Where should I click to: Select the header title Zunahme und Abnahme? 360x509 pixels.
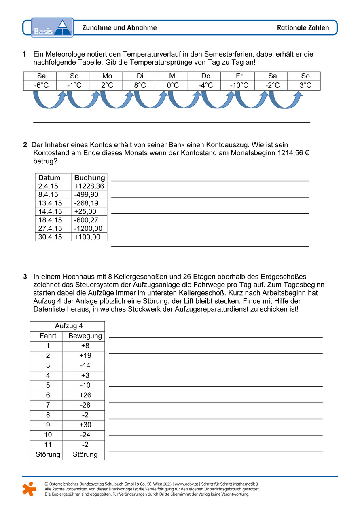tap(119, 28)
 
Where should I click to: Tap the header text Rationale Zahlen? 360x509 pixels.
tap(303, 28)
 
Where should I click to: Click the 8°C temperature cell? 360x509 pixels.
tap(140, 86)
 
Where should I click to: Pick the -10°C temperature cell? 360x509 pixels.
tap(239, 86)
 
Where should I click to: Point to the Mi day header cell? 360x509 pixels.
tap(173, 76)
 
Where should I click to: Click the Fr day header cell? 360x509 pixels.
tap(239, 76)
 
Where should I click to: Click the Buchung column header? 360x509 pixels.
tap(89, 178)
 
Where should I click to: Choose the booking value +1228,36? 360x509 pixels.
tap(89, 186)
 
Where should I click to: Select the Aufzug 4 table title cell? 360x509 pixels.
tap(67, 326)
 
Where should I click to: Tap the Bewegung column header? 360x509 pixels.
tap(85, 336)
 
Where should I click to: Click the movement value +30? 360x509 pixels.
tap(85, 425)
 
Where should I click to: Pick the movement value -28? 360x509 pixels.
tap(85, 405)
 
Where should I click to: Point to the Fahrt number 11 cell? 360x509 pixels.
tap(48, 445)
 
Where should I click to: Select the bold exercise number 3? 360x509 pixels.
tap(25, 277)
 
